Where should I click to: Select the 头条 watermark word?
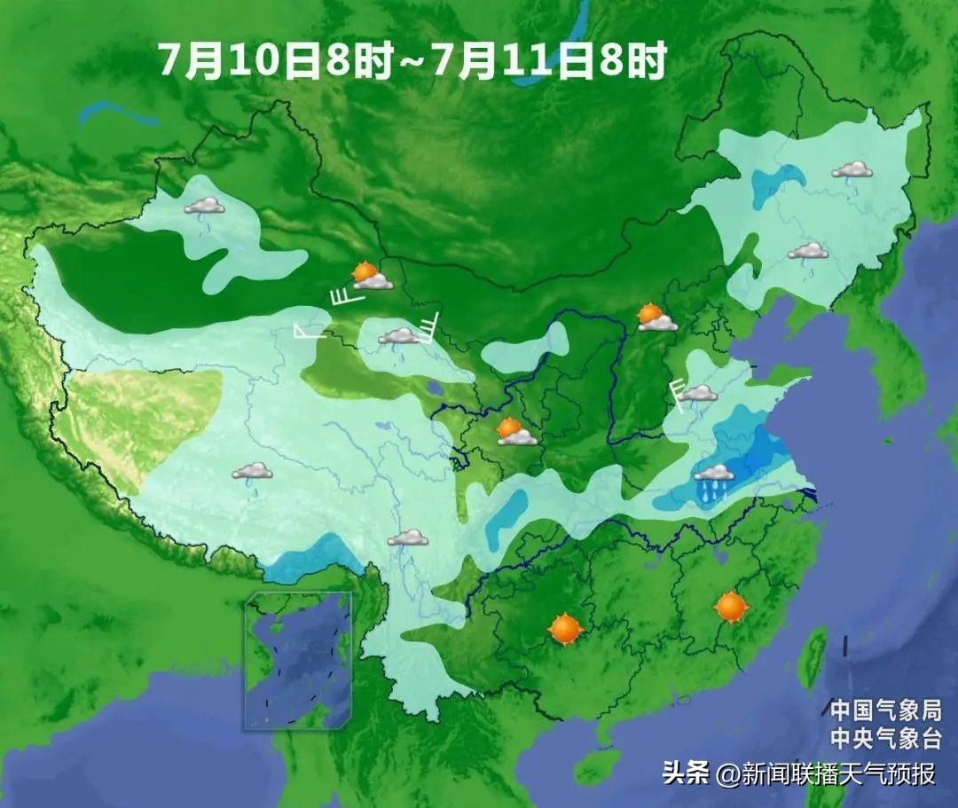pyautogui.click(x=685, y=773)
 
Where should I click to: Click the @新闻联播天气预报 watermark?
pyautogui.click(x=827, y=773)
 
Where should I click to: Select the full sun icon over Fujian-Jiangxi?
pyautogui.click(x=731, y=608)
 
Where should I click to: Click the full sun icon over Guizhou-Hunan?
pyautogui.click(x=565, y=629)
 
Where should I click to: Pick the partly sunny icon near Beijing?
pyautogui.click(x=656, y=318)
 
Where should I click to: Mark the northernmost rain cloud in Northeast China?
pyautogui.click(x=852, y=171)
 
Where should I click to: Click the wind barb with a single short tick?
pyautogui.click(x=310, y=332)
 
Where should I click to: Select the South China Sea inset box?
pyautogui.click(x=298, y=660)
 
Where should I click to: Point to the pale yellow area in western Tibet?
pyautogui.click(x=142, y=417)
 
